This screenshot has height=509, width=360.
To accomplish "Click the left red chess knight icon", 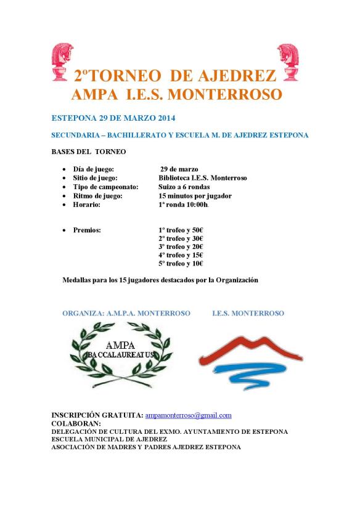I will (63, 62).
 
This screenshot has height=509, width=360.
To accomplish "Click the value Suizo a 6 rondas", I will (184, 187).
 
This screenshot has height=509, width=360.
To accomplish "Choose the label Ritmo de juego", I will (97, 195).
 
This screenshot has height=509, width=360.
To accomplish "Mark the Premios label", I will (87, 229).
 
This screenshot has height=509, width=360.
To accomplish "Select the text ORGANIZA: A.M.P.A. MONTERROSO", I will (126, 313).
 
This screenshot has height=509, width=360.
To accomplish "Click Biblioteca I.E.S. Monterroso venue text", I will (203, 177).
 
